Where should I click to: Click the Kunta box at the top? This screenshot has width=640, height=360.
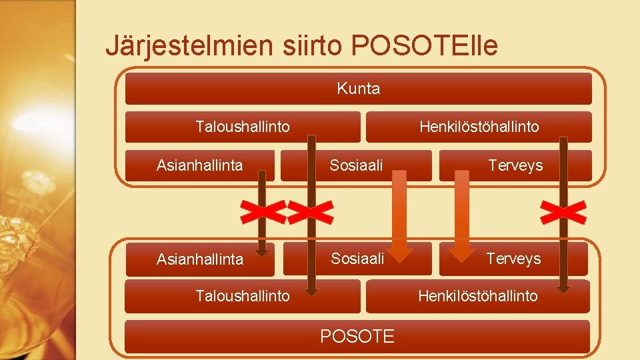coord(358,89)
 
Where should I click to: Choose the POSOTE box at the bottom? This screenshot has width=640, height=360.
coord(357,337)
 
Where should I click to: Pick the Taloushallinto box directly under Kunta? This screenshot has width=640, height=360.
coord(243,127)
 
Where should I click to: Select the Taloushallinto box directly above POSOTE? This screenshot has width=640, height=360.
coord(243,296)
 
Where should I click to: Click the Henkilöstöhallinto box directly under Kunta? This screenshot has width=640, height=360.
coord(479,127)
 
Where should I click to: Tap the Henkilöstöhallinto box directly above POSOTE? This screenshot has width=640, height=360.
coord(477,296)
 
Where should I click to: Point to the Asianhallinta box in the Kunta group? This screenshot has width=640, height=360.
coord(199,165)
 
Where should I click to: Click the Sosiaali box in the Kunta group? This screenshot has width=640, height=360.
coord(356,165)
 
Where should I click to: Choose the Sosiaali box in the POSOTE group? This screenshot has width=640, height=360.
coord(357,259)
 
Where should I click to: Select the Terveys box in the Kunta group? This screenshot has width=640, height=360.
coord(515,165)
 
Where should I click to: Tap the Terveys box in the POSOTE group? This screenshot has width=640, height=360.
coord(513,259)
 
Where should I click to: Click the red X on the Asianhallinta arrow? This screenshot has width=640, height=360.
coord(263,212)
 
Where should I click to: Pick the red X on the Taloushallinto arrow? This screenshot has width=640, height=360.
coord(311,212)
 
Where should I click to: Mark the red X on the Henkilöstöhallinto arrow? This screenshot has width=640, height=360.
coord(563,212)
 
